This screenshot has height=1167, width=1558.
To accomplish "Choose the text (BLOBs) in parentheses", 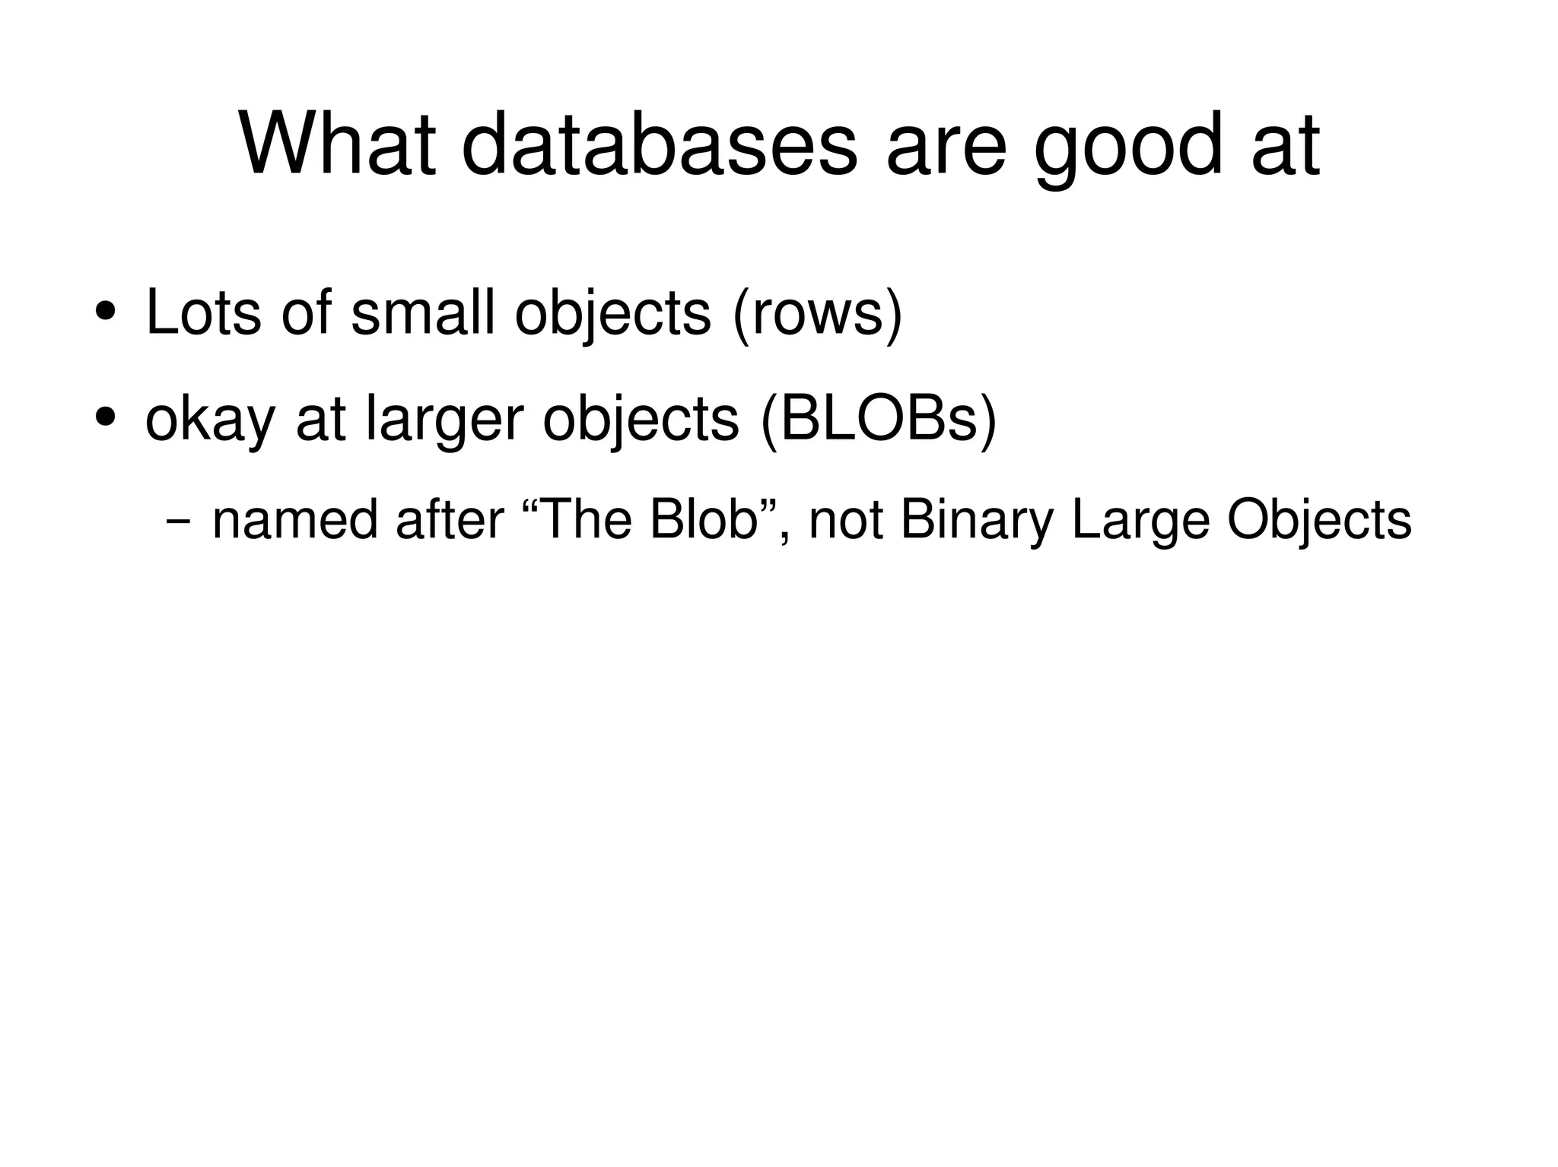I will tap(878, 420).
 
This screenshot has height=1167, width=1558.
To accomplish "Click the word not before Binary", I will tap(845, 522).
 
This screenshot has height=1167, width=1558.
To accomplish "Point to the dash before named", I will tap(177, 522).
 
